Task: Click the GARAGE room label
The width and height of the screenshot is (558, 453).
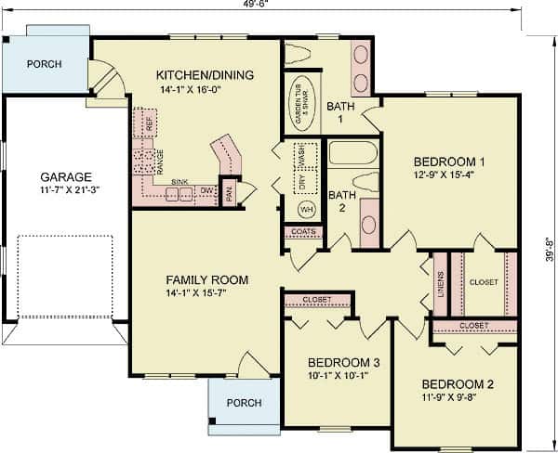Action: pyautogui.click(x=65, y=176)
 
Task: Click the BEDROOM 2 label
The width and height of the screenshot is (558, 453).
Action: pyautogui.click(x=458, y=384)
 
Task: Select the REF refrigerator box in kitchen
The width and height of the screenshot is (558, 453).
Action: pyautogui.click(x=146, y=123)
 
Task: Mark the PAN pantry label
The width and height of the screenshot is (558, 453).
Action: pyautogui.click(x=228, y=195)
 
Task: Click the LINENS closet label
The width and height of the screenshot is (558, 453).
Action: pyautogui.click(x=439, y=280)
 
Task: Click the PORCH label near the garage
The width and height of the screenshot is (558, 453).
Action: pyautogui.click(x=44, y=65)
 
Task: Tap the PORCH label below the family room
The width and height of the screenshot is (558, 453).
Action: pyautogui.click(x=244, y=404)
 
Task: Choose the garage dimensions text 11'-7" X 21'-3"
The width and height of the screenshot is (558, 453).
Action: pyautogui.click(x=65, y=190)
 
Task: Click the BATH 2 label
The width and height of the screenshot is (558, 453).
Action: pyautogui.click(x=341, y=201)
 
